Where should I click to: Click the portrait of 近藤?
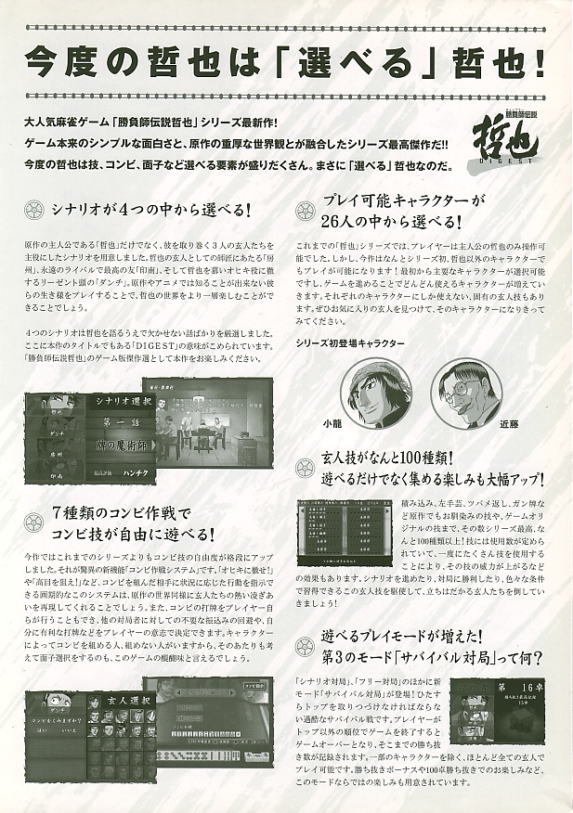[x=461, y=393]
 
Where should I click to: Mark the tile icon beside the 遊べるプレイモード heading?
[x=306, y=639]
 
